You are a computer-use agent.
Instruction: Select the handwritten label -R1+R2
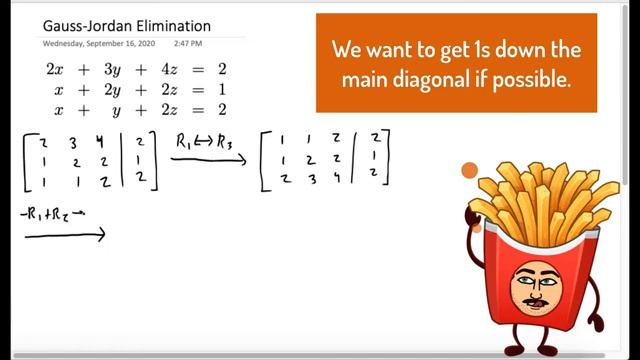coord(61,216)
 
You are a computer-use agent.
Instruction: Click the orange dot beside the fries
coord(469,171)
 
